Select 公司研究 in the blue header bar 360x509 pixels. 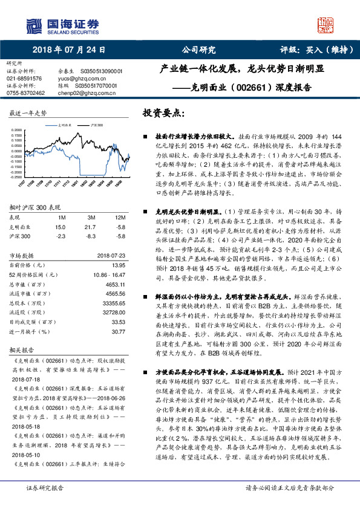[x=199, y=50]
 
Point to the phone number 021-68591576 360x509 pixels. [x=24, y=79]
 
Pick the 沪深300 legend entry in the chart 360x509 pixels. [x=94, y=123]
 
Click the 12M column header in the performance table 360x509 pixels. [x=120, y=216]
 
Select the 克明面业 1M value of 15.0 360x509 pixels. [x=61, y=226]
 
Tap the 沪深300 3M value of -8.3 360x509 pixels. [x=91, y=236]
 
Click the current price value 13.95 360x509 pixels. [x=118, y=265]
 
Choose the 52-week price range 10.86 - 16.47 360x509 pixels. [x=109, y=275]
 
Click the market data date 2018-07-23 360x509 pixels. [x=110, y=256]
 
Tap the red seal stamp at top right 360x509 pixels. [x=327, y=25]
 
